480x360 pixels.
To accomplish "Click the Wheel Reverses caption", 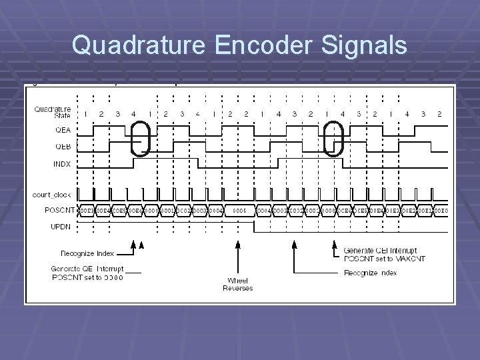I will (x=237, y=284).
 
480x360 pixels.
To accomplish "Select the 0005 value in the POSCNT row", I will (x=241, y=210).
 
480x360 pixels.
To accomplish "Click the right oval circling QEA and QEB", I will (x=332, y=137).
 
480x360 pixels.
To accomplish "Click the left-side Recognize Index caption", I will (x=87, y=254).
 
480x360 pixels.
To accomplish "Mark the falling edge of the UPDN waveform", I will (x=254, y=227).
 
